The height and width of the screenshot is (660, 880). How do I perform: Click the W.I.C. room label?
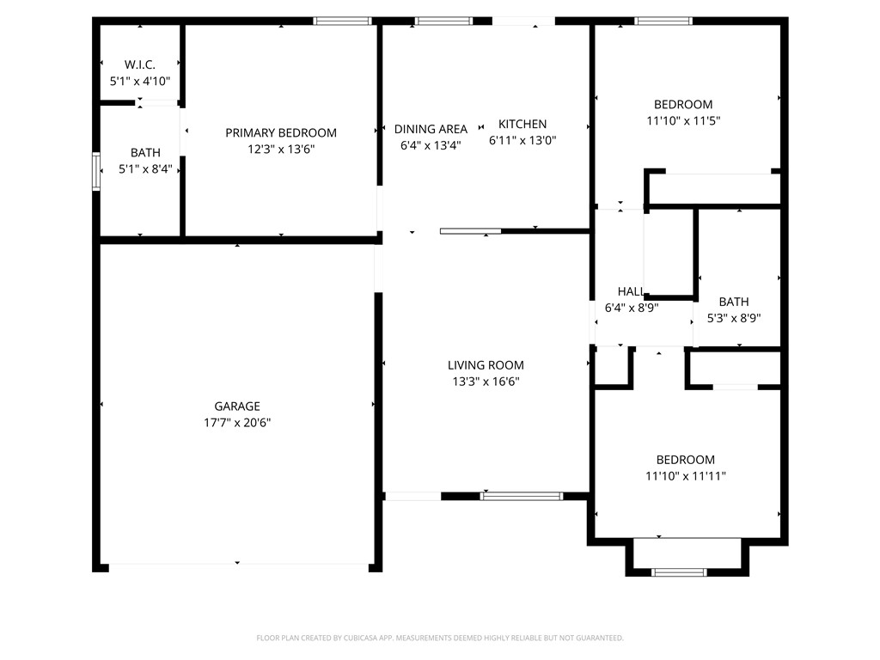(140, 64)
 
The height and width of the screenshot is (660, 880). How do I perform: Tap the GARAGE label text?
(237, 406)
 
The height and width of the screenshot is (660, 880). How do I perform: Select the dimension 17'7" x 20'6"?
(237, 423)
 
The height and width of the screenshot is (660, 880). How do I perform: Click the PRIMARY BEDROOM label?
(281, 133)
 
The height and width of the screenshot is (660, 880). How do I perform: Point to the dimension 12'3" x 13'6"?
(281, 150)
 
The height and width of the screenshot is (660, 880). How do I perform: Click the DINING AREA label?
(431, 129)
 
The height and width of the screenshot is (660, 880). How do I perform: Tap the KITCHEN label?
(522, 124)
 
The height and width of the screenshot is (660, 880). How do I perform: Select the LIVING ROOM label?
(486, 365)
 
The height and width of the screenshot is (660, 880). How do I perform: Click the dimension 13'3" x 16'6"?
(486, 382)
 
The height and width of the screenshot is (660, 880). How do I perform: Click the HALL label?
(632, 292)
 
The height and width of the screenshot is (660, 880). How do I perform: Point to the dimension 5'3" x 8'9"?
(734, 318)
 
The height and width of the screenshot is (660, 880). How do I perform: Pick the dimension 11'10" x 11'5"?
(683, 121)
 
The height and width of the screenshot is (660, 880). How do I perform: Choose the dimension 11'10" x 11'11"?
(686, 476)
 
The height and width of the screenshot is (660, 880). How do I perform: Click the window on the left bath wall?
(96, 171)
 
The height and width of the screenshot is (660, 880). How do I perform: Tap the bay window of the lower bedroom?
(679, 571)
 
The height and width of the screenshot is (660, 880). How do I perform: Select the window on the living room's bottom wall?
(522, 496)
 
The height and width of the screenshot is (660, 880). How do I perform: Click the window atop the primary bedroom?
(342, 21)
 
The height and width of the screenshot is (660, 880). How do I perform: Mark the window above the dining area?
(443, 21)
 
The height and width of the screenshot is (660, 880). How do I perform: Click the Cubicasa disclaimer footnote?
(440, 638)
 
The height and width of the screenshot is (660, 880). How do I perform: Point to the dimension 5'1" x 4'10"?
(140, 81)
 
